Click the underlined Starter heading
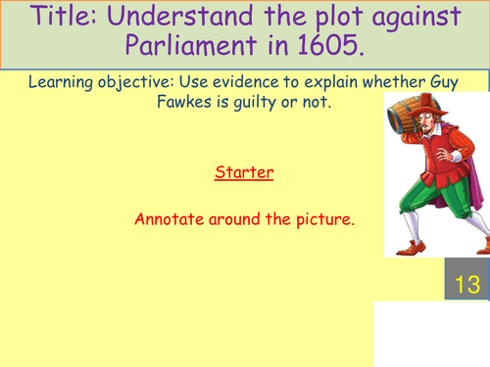[x=244, y=173]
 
